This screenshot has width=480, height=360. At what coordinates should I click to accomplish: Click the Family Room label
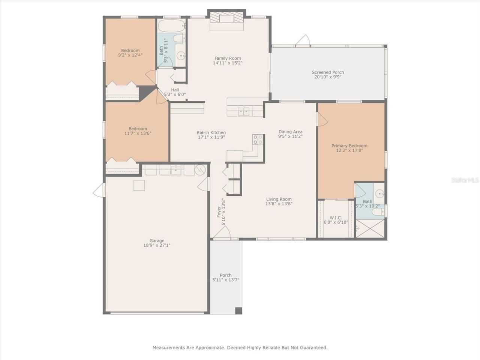[x=228, y=58]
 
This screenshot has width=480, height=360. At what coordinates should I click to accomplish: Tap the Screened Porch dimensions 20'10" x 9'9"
[x=328, y=77]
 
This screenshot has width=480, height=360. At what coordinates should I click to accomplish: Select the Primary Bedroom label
[x=349, y=146]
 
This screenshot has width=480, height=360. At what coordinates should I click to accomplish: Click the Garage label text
[x=157, y=241]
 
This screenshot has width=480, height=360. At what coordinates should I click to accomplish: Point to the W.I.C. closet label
[x=336, y=217]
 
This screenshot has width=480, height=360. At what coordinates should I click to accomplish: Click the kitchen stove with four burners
[x=258, y=139]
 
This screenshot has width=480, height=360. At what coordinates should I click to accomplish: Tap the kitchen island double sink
[x=243, y=111]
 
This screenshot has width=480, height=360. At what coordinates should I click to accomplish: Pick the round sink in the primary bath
[x=380, y=194]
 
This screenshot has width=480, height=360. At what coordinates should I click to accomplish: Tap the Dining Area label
[x=290, y=132]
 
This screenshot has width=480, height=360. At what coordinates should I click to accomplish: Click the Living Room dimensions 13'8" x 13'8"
[x=279, y=204]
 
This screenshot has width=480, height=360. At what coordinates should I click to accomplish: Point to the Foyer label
[x=219, y=212]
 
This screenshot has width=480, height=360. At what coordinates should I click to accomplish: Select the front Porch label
[x=226, y=275]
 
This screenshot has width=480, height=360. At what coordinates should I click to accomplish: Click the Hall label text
[x=175, y=90]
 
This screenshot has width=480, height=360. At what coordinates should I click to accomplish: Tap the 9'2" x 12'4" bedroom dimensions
[x=130, y=55]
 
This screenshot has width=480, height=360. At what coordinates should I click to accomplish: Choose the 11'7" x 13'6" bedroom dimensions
[x=138, y=133]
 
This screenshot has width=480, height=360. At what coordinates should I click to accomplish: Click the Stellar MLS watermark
[x=465, y=180]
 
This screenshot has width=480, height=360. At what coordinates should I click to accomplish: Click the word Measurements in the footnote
[x=169, y=348]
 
